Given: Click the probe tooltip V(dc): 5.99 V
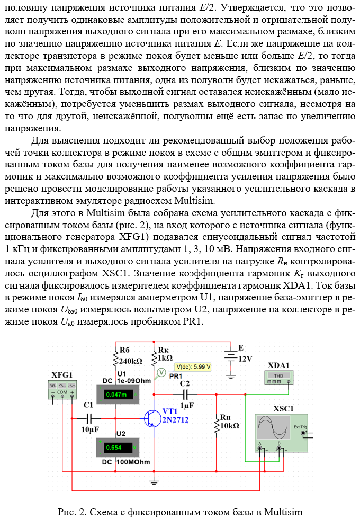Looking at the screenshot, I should tap(193, 366).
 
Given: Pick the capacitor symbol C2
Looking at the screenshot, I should tap(185, 394).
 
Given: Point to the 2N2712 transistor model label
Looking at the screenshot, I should tap(174, 420).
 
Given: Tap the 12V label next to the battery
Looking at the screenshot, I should tap(245, 359).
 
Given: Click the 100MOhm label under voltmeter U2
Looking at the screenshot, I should tap(133, 462).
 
